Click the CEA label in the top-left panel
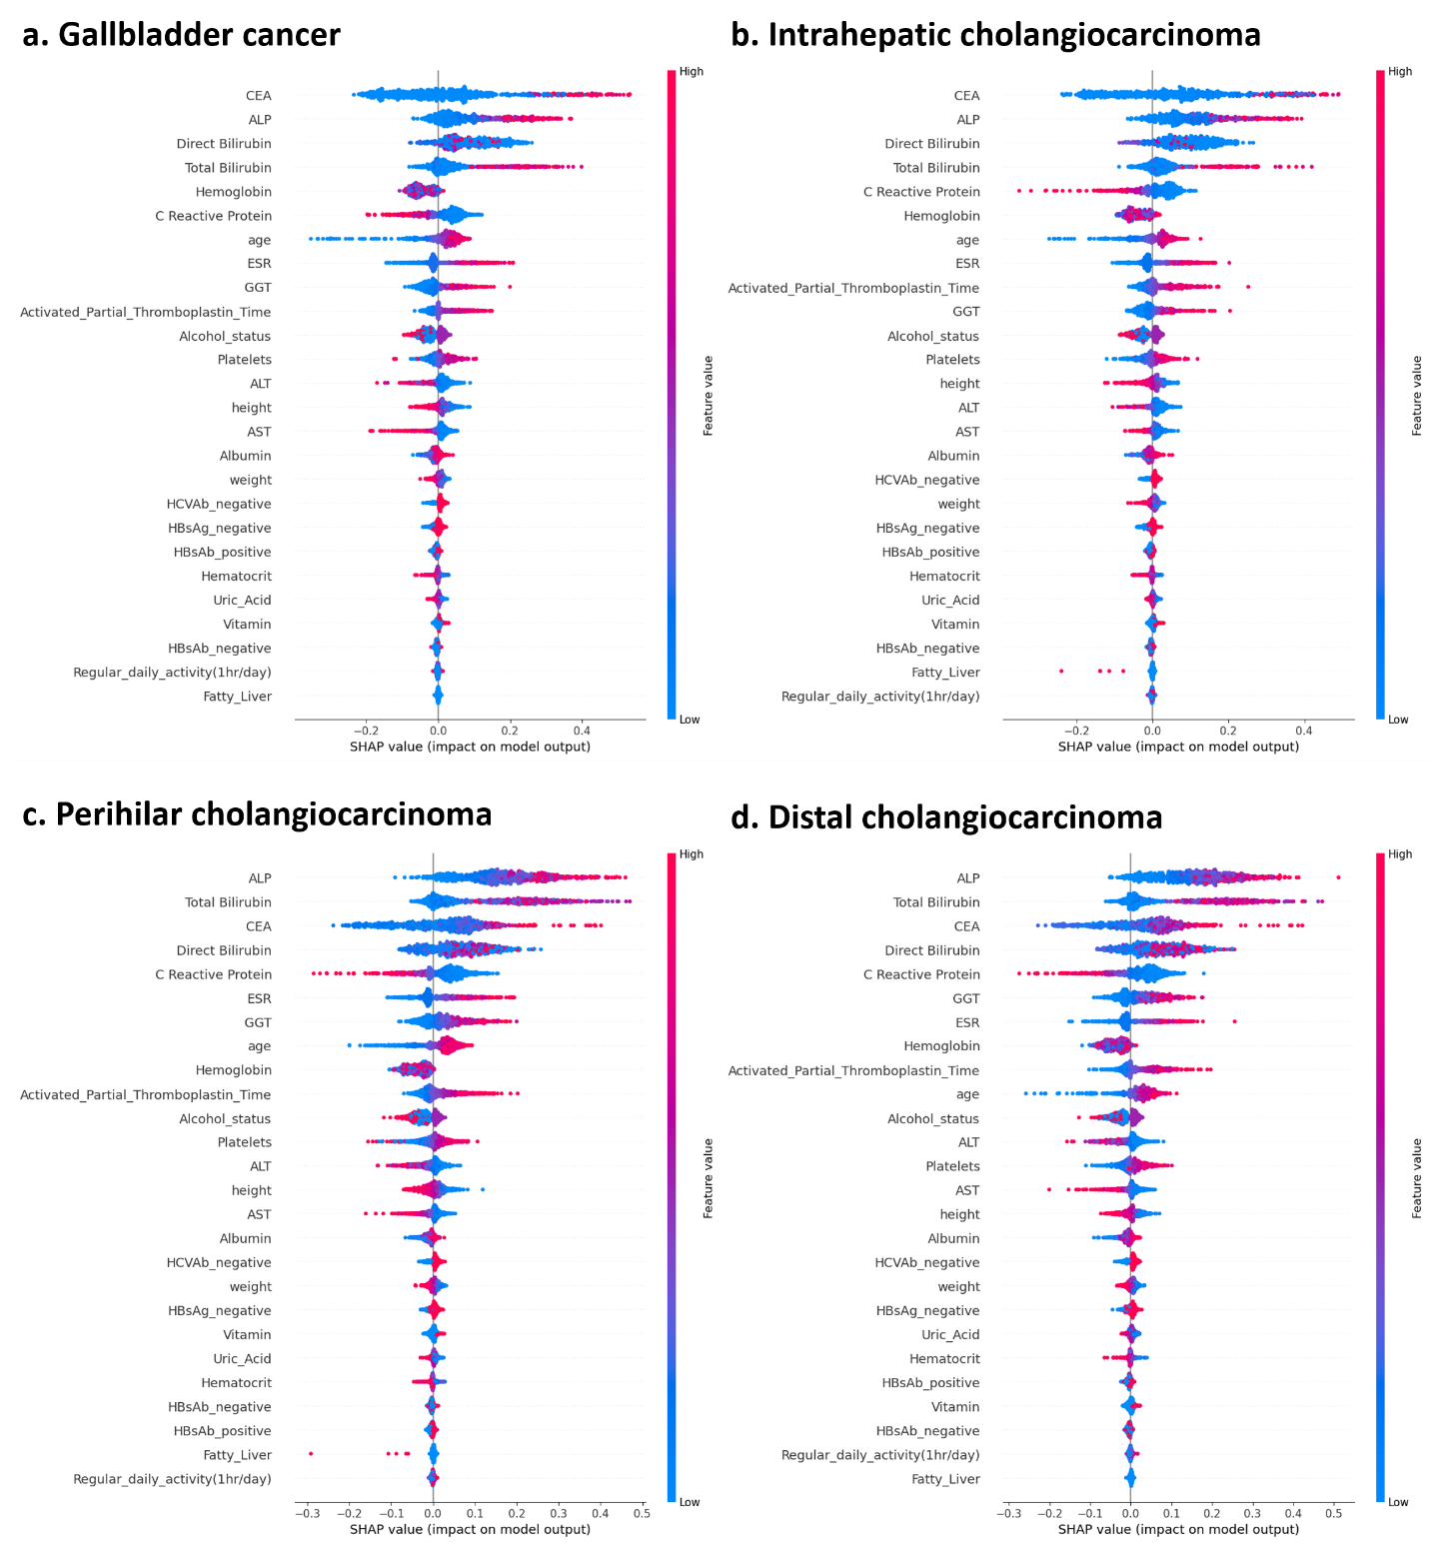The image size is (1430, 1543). pyautogui.click(x=258, y=96)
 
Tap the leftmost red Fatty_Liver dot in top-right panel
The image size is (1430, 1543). pyautogui.click(x=1061, y=672)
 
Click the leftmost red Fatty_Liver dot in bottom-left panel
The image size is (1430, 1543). pyautogui.click(x=311, y=1454)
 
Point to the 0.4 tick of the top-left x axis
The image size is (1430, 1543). pyautogui.click(x=582, y=731)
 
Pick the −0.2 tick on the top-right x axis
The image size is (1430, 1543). pyautogui.click(x=1076, y=731)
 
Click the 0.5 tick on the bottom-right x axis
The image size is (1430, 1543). pyautogui.click(x=1334, y=1513)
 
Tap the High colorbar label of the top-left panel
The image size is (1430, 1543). pyautogui.click(x=692, y=72)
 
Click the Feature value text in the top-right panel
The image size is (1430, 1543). pyautogui.click(x=1416, y=396)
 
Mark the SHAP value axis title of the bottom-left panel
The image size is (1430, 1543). pyautogui.click(x=470, y=1529)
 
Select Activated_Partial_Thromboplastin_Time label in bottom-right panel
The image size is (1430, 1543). pyautogui.click(x=853, y=1070)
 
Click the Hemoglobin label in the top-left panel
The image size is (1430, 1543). pyautogui.click(x=233, y=192)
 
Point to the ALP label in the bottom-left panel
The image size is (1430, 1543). pyautogui.click(x=259, y=878)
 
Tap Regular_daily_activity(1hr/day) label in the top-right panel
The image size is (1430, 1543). pyautogui.click(x=879, y=697)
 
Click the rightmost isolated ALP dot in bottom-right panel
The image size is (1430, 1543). pyautogui.click(x=1338, y=877)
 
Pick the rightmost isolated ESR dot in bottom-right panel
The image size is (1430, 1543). pyautogui.click(x=1235, y=1021)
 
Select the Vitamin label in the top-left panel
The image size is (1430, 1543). pyautogui.click(x=247, y=625)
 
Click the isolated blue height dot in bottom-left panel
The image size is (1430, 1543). pyautogui.click(x=483, y=1189)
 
